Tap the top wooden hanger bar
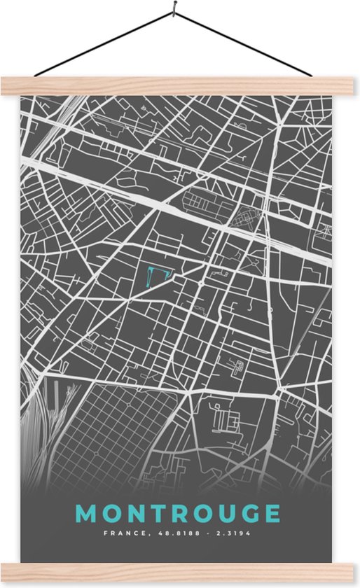pos(180,85)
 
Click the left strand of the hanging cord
pos(105,43)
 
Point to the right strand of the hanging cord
pos(242,43)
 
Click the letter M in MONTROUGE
pos(88,514)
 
